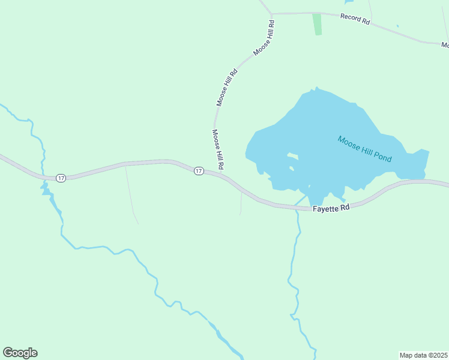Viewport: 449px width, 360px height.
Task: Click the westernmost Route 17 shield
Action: click(x=61, y=178)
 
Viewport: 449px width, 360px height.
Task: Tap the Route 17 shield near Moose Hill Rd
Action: click(x=199, y=171)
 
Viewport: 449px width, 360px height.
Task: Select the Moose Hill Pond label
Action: click(x=364, y=149)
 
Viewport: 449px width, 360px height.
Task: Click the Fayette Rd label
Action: click(x=331, y=208)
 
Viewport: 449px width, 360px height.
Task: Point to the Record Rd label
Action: click(x=355, y=18)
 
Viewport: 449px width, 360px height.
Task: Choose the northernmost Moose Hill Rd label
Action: click(x=264, y=38)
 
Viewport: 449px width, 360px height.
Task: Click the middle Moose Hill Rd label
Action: click(x=227, y=88)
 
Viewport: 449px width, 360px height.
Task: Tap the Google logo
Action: click(x=20, y=353)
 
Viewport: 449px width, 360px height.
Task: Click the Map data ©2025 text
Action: click(x=423, y=355)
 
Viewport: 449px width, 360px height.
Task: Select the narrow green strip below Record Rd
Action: click(x=317, y=24)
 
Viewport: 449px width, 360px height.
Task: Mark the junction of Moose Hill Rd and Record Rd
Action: click(x=271, y=13)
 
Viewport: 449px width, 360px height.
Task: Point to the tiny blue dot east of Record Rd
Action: click(x=397, y=26)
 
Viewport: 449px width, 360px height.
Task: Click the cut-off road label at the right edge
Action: click(x=445, y=45)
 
